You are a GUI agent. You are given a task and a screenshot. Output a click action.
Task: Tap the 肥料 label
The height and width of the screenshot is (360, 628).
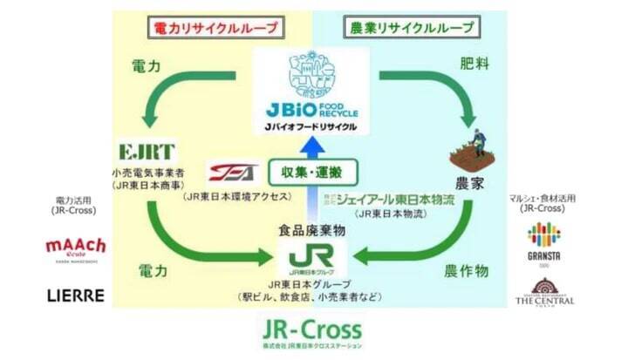(x=472, y=64)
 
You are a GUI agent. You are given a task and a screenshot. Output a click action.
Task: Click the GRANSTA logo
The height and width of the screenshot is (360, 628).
(x=543, y=241)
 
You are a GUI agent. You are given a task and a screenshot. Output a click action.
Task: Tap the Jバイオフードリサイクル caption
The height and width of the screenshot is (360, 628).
(x=312, y=126)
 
